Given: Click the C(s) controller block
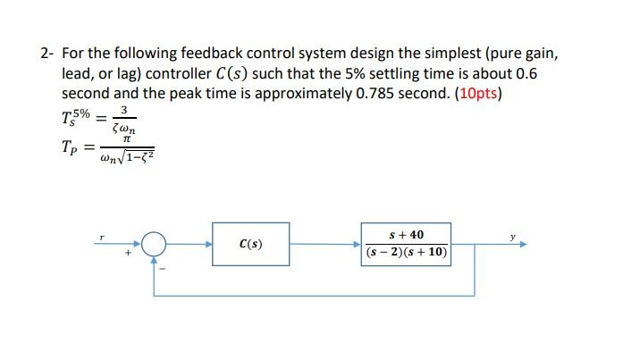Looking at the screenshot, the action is pos(250,243).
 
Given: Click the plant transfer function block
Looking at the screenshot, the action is pos(407,243).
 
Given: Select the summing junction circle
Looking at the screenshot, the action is pos(156,243).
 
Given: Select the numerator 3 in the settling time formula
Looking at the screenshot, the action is pos(126,109).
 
